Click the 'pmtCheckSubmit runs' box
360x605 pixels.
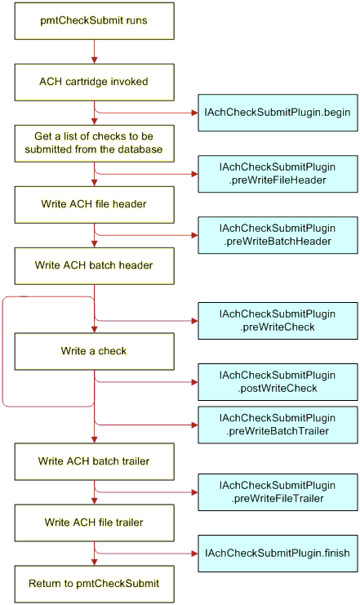click(x=94, y=21)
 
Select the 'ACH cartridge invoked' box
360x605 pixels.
click(x=94, y=82)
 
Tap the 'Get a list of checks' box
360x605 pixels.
click(x=94, y=143)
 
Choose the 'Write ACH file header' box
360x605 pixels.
click(x=94, y=204)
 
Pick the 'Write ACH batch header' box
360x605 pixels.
click(x=94, y=266)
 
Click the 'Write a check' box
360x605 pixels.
click(x=94, y=352)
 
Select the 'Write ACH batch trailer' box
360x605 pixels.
click(x=94, y=461)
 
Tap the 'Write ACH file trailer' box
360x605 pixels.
click(x=94, y=523)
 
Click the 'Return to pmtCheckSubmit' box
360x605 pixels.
click(x=94, y=584)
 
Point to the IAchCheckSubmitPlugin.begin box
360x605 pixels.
click(x=278, y=113)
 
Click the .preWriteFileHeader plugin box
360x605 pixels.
click(x=278, y=174)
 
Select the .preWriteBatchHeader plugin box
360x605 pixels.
click(x=278, y=235)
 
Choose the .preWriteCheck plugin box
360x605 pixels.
click(x=278, y=321)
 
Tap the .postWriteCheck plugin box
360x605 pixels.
click(x=278, y=382)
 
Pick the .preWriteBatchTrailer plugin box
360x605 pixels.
click(x=278, y=425)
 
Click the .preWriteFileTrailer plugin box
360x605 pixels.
click(x=278, y=492)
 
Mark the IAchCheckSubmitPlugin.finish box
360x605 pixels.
click(x=278, y=554)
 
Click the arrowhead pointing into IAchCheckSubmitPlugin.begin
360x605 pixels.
click(x=195, y=113)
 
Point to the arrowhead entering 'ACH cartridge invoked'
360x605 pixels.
click(x=94, y=60)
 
